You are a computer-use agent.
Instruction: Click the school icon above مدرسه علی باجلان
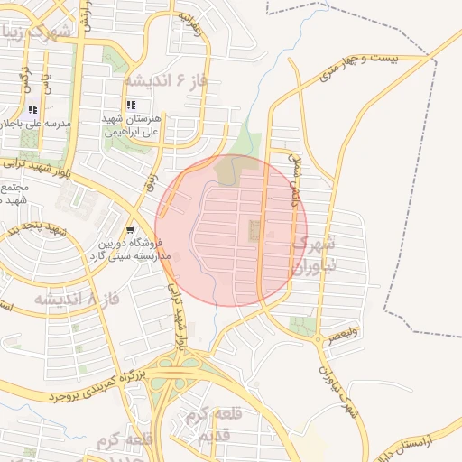(32, 110)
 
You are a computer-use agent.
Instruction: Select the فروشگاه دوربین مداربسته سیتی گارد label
(136, 250)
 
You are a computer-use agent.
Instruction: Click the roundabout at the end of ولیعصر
(319, 341)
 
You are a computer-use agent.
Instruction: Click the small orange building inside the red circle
(253, 231)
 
